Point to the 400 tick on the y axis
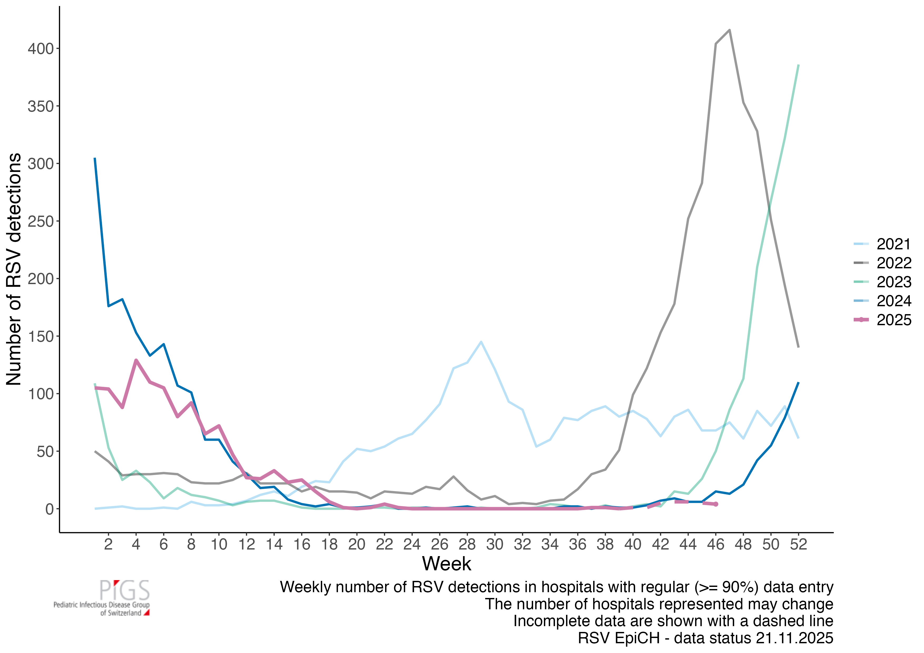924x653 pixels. (40, 49)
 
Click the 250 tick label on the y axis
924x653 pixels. (40, 221)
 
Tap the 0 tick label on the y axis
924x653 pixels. (49, 509)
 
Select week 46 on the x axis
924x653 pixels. (716, 544)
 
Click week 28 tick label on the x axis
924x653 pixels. (467, 544)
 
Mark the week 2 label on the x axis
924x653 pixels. (108, 544)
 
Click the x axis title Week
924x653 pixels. (446, 564)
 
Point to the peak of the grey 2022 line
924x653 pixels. (730, 30)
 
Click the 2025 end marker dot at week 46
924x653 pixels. (716, 504)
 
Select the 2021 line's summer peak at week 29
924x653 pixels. (481, 342)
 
